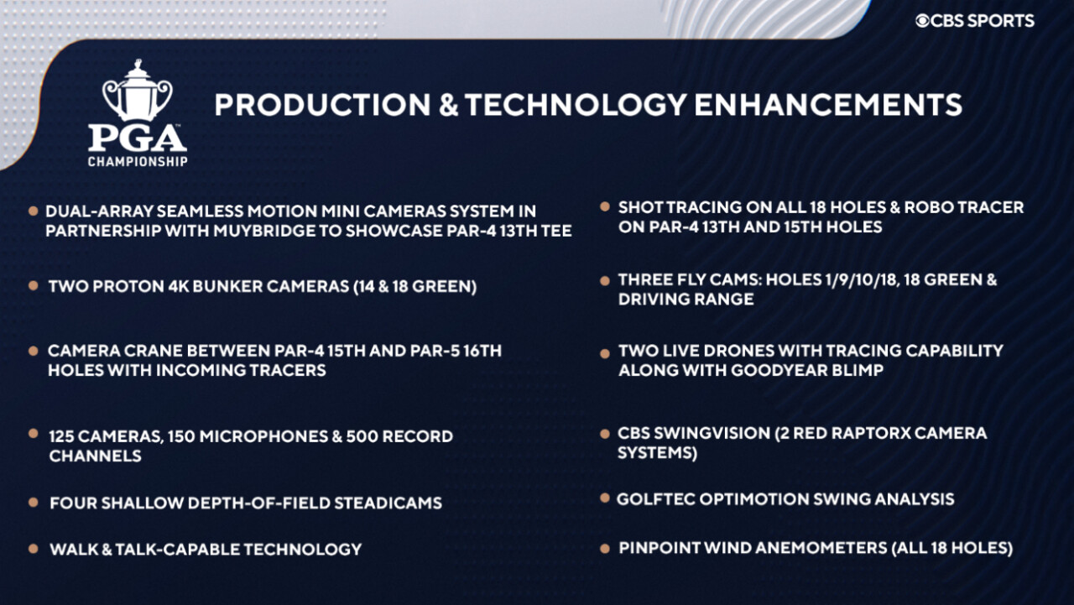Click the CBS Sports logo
click(975, 21)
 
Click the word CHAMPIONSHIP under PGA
click(138, 162)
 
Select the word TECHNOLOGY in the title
click(576, 105)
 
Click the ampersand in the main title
click(448, 105)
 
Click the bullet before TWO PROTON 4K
click(33, 286)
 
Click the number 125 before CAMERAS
click(61, 436)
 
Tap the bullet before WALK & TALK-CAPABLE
click(33, 549)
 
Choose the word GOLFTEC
click(655, 499)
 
